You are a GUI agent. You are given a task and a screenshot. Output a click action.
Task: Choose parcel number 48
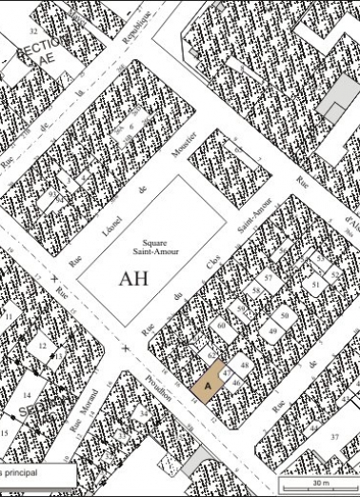click(244, 366)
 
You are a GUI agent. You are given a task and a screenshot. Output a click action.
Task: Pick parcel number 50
click(283, 315)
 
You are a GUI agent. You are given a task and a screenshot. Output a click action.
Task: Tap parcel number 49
click(272, 331)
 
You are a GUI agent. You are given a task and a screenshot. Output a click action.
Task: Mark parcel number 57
click(270, 278)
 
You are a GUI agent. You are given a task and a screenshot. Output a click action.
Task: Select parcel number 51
click(315, 283)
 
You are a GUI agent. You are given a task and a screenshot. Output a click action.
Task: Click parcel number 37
click(334, 435)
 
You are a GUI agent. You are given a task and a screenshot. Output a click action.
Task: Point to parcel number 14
click(27, 394)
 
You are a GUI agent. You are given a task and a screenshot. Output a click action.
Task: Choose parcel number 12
click(42, 346)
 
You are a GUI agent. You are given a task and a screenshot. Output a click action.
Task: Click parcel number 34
click(144, 414)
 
